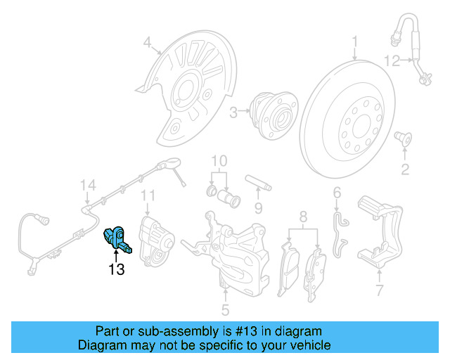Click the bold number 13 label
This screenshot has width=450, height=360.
point(116,269)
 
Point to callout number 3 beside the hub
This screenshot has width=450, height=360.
point(233,110)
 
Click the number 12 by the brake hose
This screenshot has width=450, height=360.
point(392,61)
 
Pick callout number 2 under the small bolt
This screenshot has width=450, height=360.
point(405,168)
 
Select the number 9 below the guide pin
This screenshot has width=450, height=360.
point(258,207)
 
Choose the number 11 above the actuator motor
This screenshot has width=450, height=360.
point(148,195)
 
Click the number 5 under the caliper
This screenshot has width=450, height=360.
point(225,309)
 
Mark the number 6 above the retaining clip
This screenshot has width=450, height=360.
point(337,192)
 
